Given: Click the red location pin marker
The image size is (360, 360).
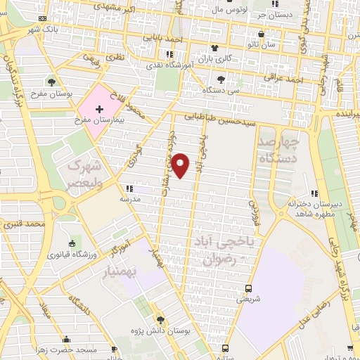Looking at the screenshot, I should coord(181,165).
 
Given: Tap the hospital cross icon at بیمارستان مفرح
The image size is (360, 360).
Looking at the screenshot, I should coord(99,110).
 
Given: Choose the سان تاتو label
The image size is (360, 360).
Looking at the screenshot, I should coord(275,44).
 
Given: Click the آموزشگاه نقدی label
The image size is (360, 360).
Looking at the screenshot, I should coord(173,64).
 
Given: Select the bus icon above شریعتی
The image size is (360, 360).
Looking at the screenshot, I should coord(248,288).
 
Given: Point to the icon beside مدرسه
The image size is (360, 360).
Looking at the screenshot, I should coord(129,188).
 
